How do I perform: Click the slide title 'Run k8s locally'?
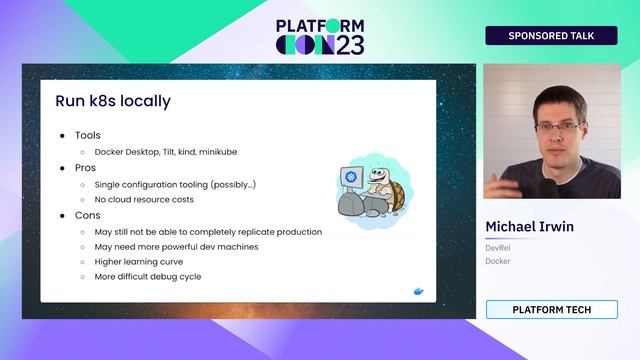click(x=112, y=101)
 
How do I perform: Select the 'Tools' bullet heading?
click(x=88, y=135)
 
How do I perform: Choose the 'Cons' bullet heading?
click(x=87, y=215)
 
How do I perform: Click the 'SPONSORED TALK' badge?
click(x=551, y=36)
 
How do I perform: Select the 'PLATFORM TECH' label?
click(x=551, y=310)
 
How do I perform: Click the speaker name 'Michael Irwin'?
click(x=529, y=227)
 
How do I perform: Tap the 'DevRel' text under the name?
click(x=499, y=247)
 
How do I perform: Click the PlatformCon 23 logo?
click(x=320, y=36)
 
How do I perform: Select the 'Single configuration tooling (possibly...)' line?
click(x=175, y=185)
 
